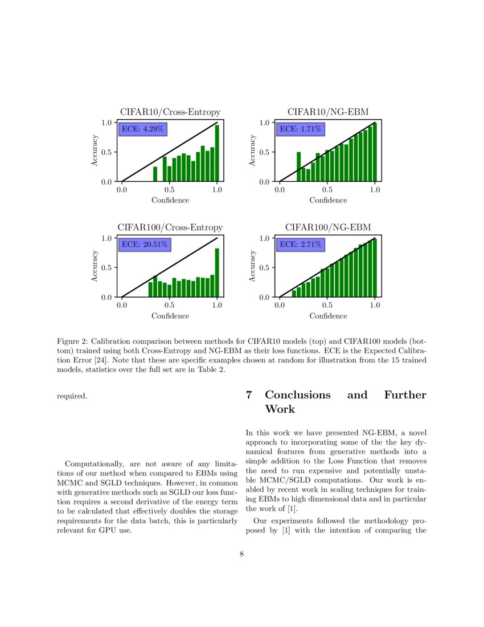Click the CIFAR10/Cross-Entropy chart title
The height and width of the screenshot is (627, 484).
(x=170, y=112)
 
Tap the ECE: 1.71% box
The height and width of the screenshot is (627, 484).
(x=300, y=129)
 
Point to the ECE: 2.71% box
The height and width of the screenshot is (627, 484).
(x=300, y=245)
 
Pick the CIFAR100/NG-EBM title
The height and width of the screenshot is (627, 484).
(x=327, y=227)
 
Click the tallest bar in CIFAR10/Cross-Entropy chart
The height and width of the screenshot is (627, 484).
(x=217, y=153)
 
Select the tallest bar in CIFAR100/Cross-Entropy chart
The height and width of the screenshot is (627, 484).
(x=217, y=272)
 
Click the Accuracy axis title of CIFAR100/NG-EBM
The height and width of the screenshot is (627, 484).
(x=252, y=267)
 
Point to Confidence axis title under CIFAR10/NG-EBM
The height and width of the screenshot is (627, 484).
(x=328, y=200)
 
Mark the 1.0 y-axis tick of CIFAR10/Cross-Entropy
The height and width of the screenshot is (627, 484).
(x=106, y=123)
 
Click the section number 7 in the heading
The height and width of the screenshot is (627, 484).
(x=249, y=395)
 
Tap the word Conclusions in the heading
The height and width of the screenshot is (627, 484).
(x=297, y=395)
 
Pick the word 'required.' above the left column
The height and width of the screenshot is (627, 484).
(x=72, y=395)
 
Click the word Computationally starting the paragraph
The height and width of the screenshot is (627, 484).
(x=95, y=464)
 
